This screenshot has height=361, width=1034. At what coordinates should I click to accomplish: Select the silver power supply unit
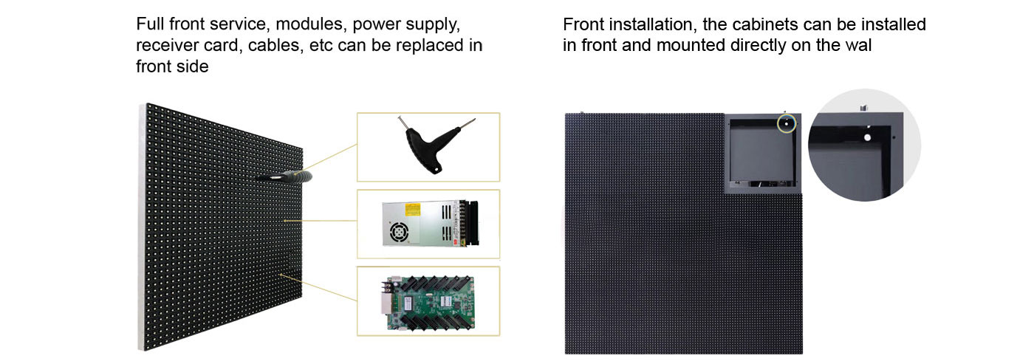(x=430, y=224)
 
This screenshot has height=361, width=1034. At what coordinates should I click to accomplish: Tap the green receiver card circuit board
(x=428, y=303)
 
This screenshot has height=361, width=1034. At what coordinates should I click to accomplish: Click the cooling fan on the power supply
(x=399, y=232)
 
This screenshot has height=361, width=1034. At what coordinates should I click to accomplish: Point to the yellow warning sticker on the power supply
(x=412, y=210)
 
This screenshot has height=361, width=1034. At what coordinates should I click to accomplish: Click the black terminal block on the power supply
(x=471, y=224)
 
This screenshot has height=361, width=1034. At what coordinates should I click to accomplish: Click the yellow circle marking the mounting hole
(x=787, y=124)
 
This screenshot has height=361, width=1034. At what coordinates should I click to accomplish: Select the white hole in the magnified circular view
(x=867, y=137)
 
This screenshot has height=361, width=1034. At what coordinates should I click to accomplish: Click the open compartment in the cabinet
(x=762, y=152)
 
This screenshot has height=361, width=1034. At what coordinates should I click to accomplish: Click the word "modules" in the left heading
(x=310, y=24)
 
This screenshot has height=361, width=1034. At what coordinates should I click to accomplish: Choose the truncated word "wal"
(x=857, y=45)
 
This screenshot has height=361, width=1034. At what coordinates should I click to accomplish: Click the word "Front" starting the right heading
(x=583, y=24)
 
